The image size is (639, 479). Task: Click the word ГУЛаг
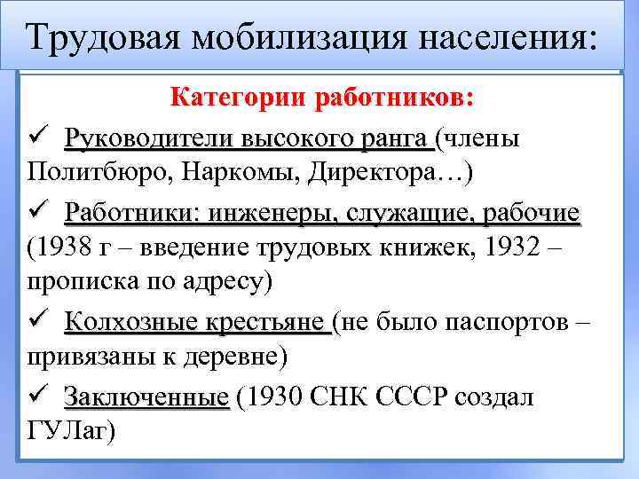66,430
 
